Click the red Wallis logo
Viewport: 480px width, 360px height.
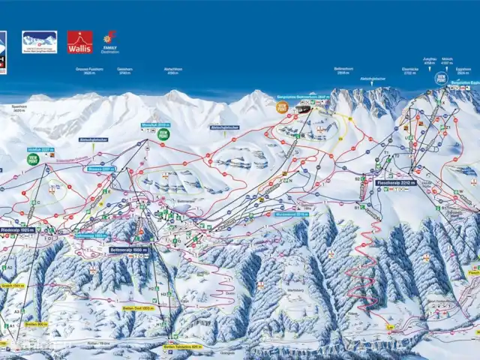click(79, 41)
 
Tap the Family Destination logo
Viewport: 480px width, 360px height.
click(109, 42)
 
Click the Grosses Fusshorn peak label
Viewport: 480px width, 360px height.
click(88, 70)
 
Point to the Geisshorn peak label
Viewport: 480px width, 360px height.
click(124, 70)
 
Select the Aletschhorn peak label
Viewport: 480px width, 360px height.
click(172, 70)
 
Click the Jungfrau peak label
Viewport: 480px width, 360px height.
click(430, 63)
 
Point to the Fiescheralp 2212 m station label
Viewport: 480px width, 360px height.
click(396, 181)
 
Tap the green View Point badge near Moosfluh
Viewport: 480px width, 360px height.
click(163, 133)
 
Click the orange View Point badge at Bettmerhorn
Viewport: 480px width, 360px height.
click(282, 107)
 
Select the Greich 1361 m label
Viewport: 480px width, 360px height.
click(12, 285)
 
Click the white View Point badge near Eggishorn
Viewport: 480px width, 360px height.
click(441, 78)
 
